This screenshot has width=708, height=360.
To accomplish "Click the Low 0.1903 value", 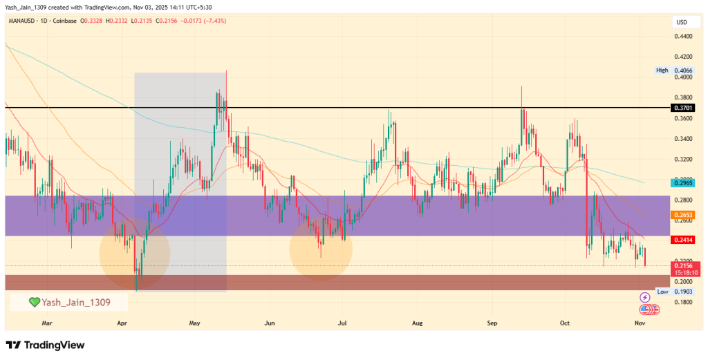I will coord(682,292).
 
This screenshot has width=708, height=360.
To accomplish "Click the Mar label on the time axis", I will coord(47,322).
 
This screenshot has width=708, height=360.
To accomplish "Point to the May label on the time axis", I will coord(194,322).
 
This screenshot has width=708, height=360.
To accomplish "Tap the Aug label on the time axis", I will coord(417,322).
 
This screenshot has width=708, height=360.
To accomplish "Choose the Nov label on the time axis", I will coord(640,322).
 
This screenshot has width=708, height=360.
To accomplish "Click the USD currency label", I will coord(681,22).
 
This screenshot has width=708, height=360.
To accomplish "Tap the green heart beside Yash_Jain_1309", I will coord(33,302).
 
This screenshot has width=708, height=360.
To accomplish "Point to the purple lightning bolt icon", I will coord(646,298).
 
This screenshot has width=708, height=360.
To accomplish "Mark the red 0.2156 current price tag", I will coord(682,265).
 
